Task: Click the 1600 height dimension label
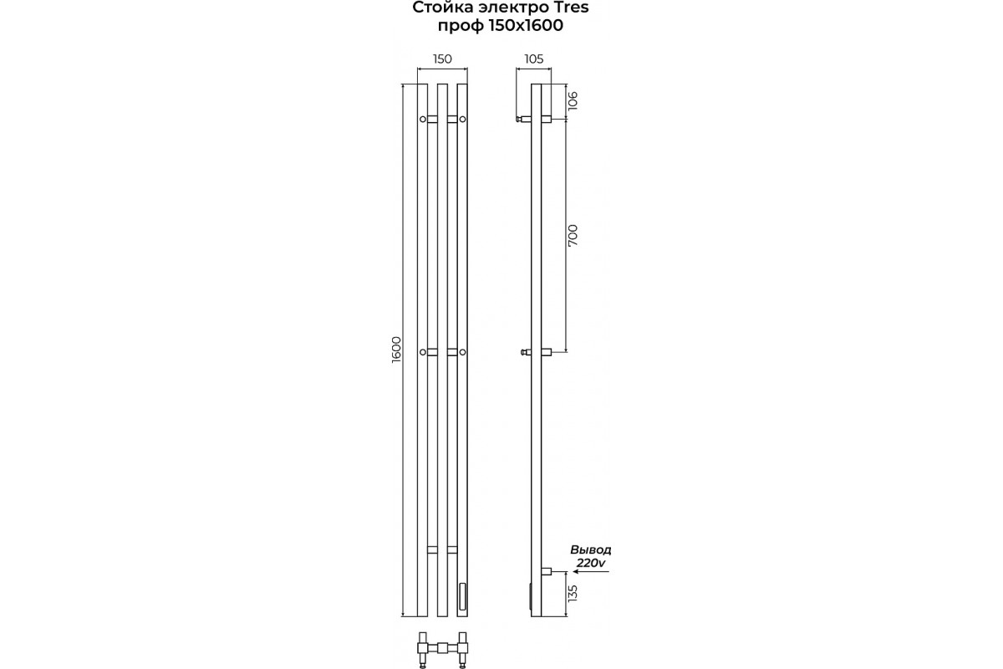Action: pyautogui.click(x=397, y=349)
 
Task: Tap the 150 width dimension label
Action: pyautogui.click(x=442, y=59)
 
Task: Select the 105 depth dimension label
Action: pyautogui.click(x=534, y=59)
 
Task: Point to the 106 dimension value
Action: pyautogui.click(x=573, y=101)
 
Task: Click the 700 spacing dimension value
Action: pyautogui.click(x=573, y=235)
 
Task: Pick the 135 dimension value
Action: pyautogui.click(x=573, y=593)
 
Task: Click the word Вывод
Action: pyautogui.click(x=591, y=549)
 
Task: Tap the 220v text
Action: pyautogui.click(x=591, y=563)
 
